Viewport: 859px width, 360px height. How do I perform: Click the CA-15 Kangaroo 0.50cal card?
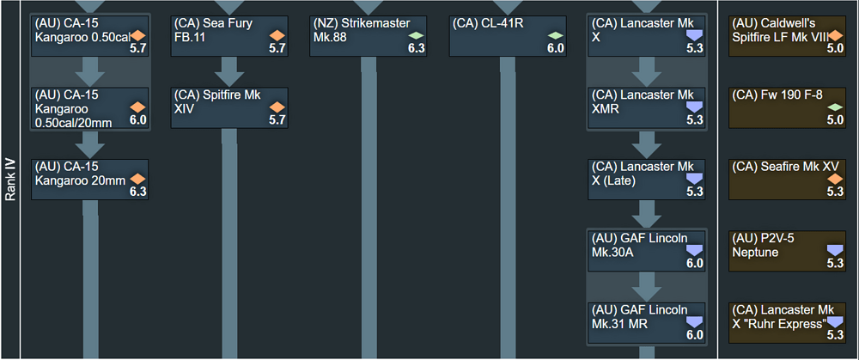click(x=90, y=35)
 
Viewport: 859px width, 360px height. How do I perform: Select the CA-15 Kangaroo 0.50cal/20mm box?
click(x=90, y=107)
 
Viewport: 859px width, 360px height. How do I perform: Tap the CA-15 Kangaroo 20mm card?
click(x=90, y=179)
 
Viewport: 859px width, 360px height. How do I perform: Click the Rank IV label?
click(x=11, y=180)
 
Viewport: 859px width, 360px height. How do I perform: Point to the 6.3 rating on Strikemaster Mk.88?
click(x=416, y=49)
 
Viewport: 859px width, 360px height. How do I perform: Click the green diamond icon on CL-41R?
click(x=556, y=35)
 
